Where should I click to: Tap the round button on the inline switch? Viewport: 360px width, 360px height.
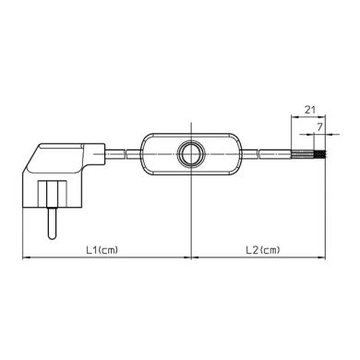tap(190, 153)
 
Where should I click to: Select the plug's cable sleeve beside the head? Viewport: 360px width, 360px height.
tap(103, 149)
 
